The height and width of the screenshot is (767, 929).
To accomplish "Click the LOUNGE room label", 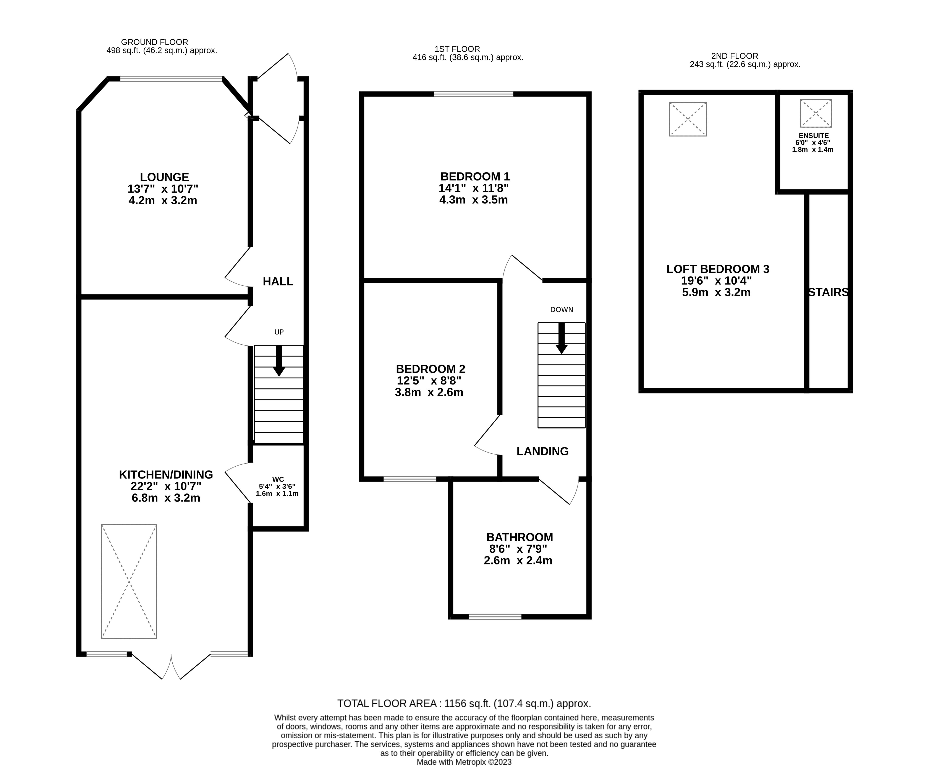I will pyautogui.click(x=164, y=177).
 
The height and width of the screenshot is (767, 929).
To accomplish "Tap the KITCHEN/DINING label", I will pyautogui.click(x=166, y=474).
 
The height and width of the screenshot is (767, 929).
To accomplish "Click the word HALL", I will pyautogui.click(x=278, y=282).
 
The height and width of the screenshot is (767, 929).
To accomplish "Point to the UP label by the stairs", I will pyautogui.click(x=279, y=332).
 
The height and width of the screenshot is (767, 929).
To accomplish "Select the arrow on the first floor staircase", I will pyautogui.click(x=561, y=339).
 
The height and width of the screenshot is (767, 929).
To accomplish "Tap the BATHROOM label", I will pyautogui.click(x=519, y=537).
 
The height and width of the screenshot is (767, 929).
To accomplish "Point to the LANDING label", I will pyautogui.click(x=542, y=451).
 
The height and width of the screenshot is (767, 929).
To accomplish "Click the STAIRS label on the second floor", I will pyautogui.click(x=828, y=292).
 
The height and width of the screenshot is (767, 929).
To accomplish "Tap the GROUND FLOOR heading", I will pyautogui.click(x=155, y=42).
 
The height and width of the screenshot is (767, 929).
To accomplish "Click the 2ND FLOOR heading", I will pyautogui.click(x=734, y=56).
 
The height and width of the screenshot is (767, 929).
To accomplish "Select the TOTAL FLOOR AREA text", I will pyautogui.click(x=464, y=703).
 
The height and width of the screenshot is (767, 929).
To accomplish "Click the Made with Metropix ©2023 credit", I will pyautogui.click(x=464, y=762).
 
